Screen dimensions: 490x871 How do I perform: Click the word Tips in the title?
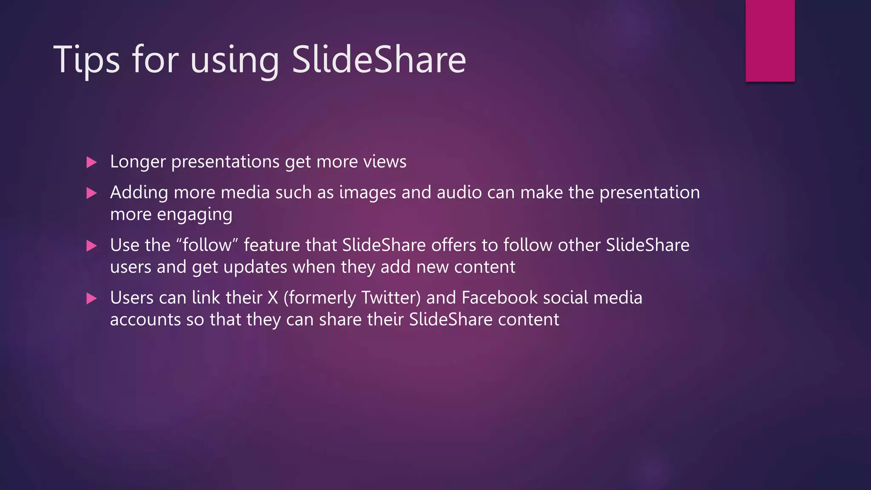87,60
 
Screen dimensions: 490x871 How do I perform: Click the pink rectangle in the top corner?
770,40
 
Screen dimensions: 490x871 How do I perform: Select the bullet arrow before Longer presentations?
91,162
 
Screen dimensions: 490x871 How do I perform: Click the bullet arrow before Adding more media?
91,194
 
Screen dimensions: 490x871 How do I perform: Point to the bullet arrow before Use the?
91,246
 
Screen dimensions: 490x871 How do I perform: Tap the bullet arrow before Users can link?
91,299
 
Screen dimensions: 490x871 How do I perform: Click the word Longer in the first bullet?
138,162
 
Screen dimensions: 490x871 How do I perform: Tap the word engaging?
194,215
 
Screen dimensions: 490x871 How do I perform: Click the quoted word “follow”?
207,245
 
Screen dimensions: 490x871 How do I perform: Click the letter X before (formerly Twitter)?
273,298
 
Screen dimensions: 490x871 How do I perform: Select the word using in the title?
234,61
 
